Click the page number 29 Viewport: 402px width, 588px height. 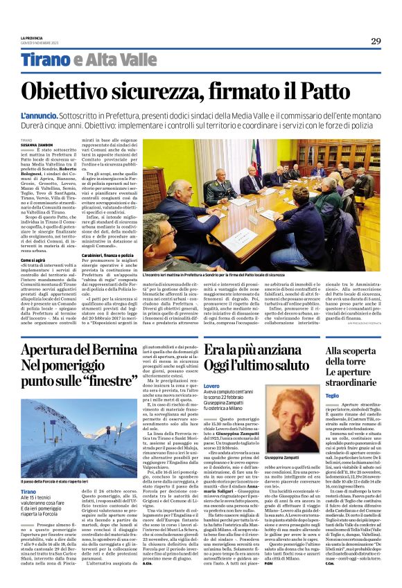(376, 42)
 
